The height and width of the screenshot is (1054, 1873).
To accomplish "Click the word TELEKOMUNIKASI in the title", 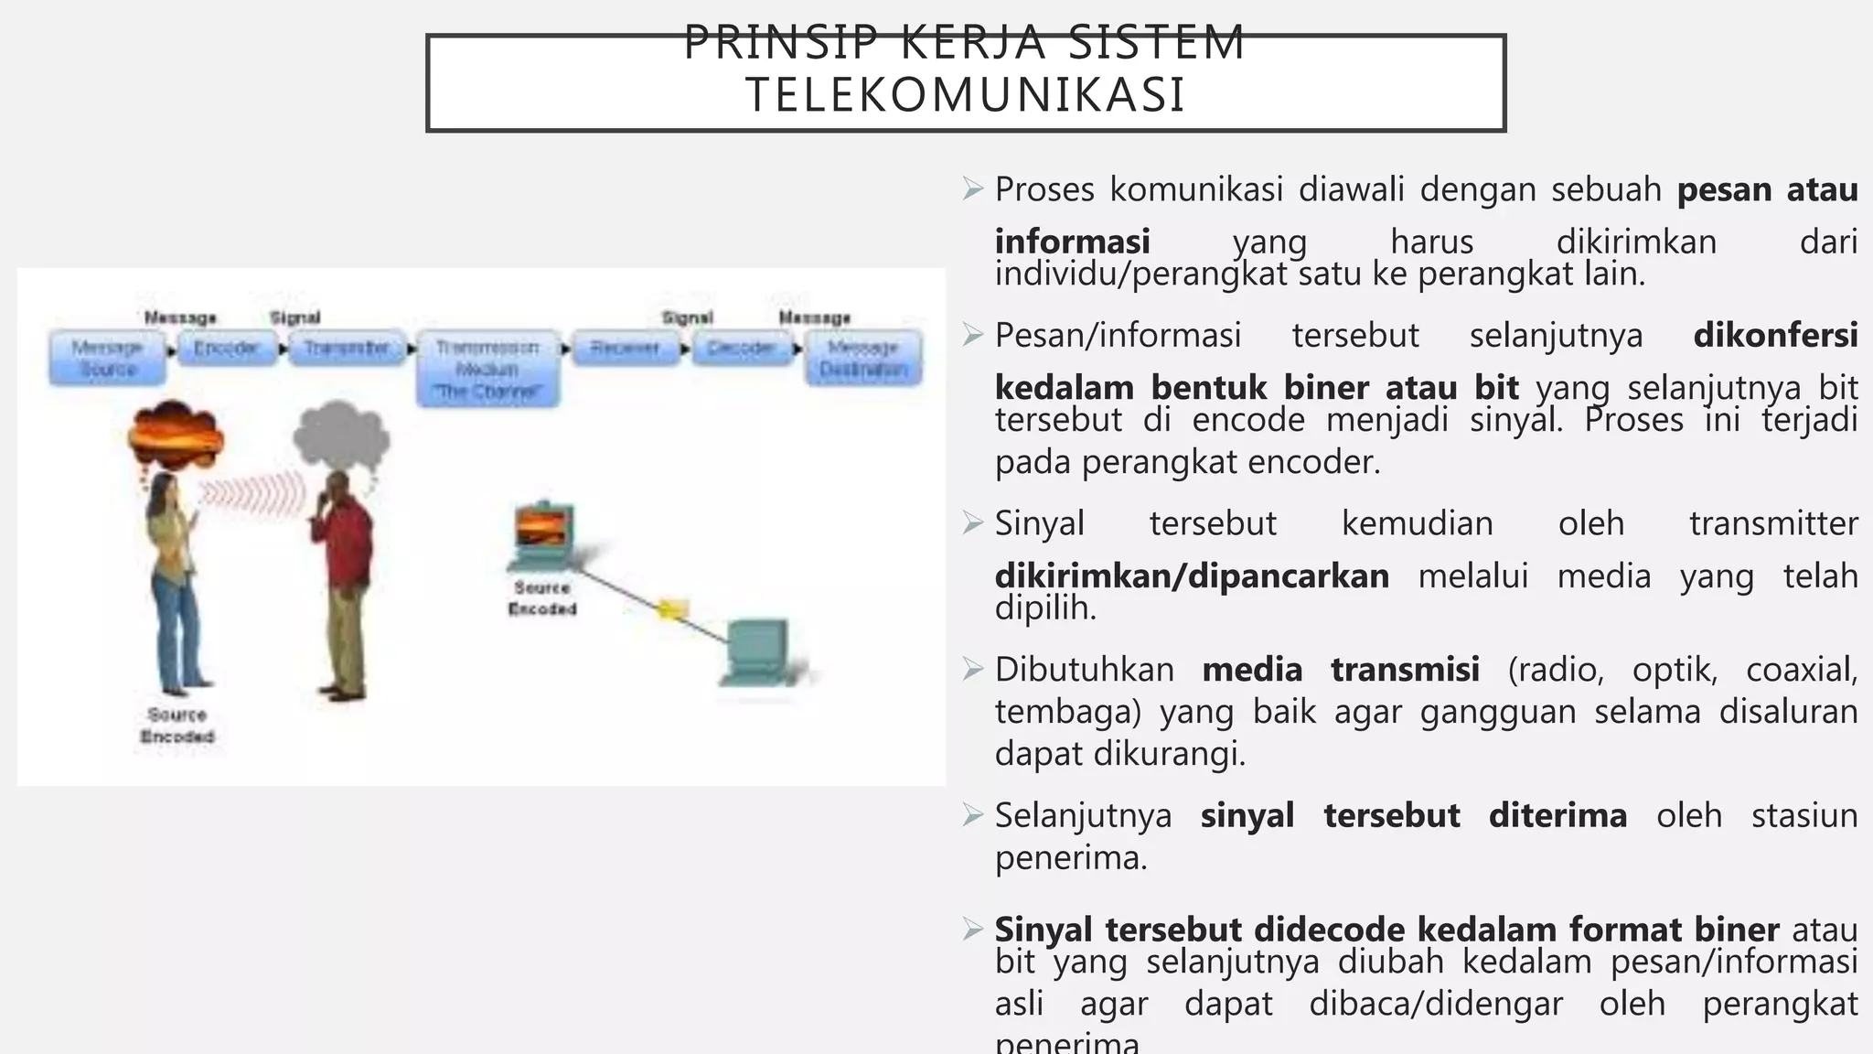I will pyautogui.click(x=965, y=95).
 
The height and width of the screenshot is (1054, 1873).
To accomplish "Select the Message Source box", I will pyautogui.click(x=108, y=358).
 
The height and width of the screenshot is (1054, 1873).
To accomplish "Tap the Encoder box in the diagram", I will pyautogui.click(x=227, y=348).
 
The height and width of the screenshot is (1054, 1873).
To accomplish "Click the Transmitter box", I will pyautogui.click(x=347, y=348).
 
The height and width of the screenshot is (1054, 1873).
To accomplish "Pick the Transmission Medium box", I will pyautogui.click(x=487, y=369).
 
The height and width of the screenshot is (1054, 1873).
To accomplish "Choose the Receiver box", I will pyautogui.click(x=626, y=348).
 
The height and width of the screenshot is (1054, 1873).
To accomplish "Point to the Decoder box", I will pyautogui.click(x=741, y=348).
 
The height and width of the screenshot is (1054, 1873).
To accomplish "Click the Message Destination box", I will pyautogui.click(x=863, y=358).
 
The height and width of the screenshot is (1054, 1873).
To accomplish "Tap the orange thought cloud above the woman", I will pyautogui.click(x=176, y=436).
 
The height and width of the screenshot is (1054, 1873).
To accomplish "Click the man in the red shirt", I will pyautogui.click(x=342, y=586).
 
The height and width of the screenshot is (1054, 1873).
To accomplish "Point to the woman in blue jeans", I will pyautogui.click(x=175, y=586).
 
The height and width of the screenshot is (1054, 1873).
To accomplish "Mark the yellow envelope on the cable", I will pyautogui.click(x=672, y=608).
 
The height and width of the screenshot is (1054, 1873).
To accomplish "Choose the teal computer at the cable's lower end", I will pyautogui.click(x=757, y=651).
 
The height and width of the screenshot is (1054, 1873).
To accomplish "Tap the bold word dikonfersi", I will pyautogui.click(x=1775, y=336).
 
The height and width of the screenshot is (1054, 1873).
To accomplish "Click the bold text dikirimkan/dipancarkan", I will pyautogui.click(x=1192, y=576).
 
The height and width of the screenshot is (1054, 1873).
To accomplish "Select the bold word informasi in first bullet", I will pyautogui.click(x=1072, y=242).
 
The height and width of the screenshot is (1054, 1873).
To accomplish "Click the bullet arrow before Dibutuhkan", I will pyautogui.click(x=972, y=669).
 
